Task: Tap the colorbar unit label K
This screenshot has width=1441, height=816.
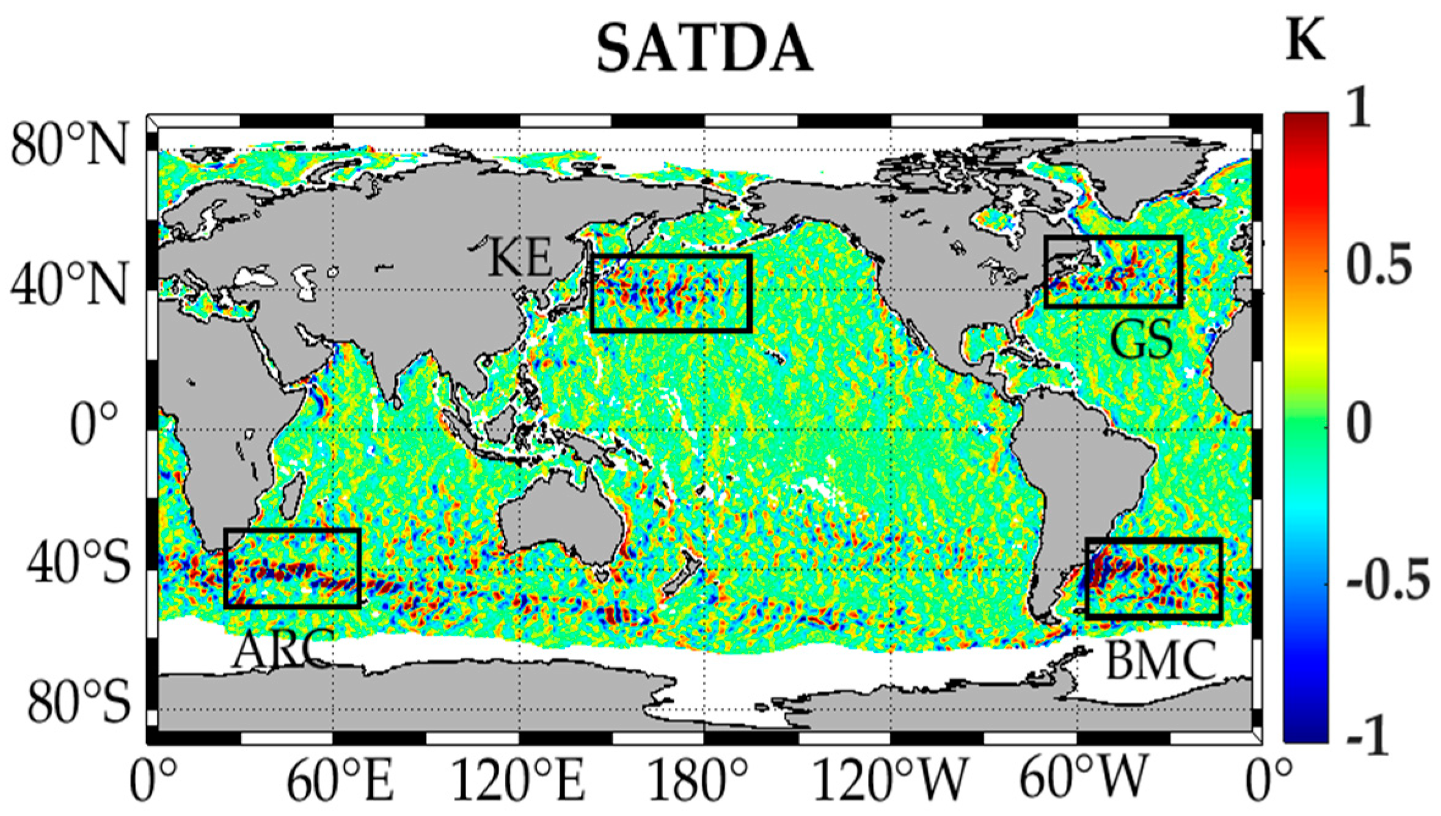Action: [x=1305, y=40]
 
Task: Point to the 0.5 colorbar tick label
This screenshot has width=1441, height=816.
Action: [x=1380, y=264]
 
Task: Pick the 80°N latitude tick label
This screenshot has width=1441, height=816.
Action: [x=70, y=145]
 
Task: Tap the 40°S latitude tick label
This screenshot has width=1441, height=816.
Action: [x=78, y=563]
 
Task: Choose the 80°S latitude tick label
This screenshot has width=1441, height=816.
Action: [x=78, y=701]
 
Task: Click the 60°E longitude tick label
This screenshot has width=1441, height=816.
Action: [x=340, y=780]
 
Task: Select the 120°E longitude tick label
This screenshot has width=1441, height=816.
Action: [x=518, y=780]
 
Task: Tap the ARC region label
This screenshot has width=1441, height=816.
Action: [x=283, y=649]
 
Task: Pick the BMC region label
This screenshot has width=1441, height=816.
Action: [x=1161, y=661]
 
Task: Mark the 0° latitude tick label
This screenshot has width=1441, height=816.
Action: [x=93, y=423]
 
